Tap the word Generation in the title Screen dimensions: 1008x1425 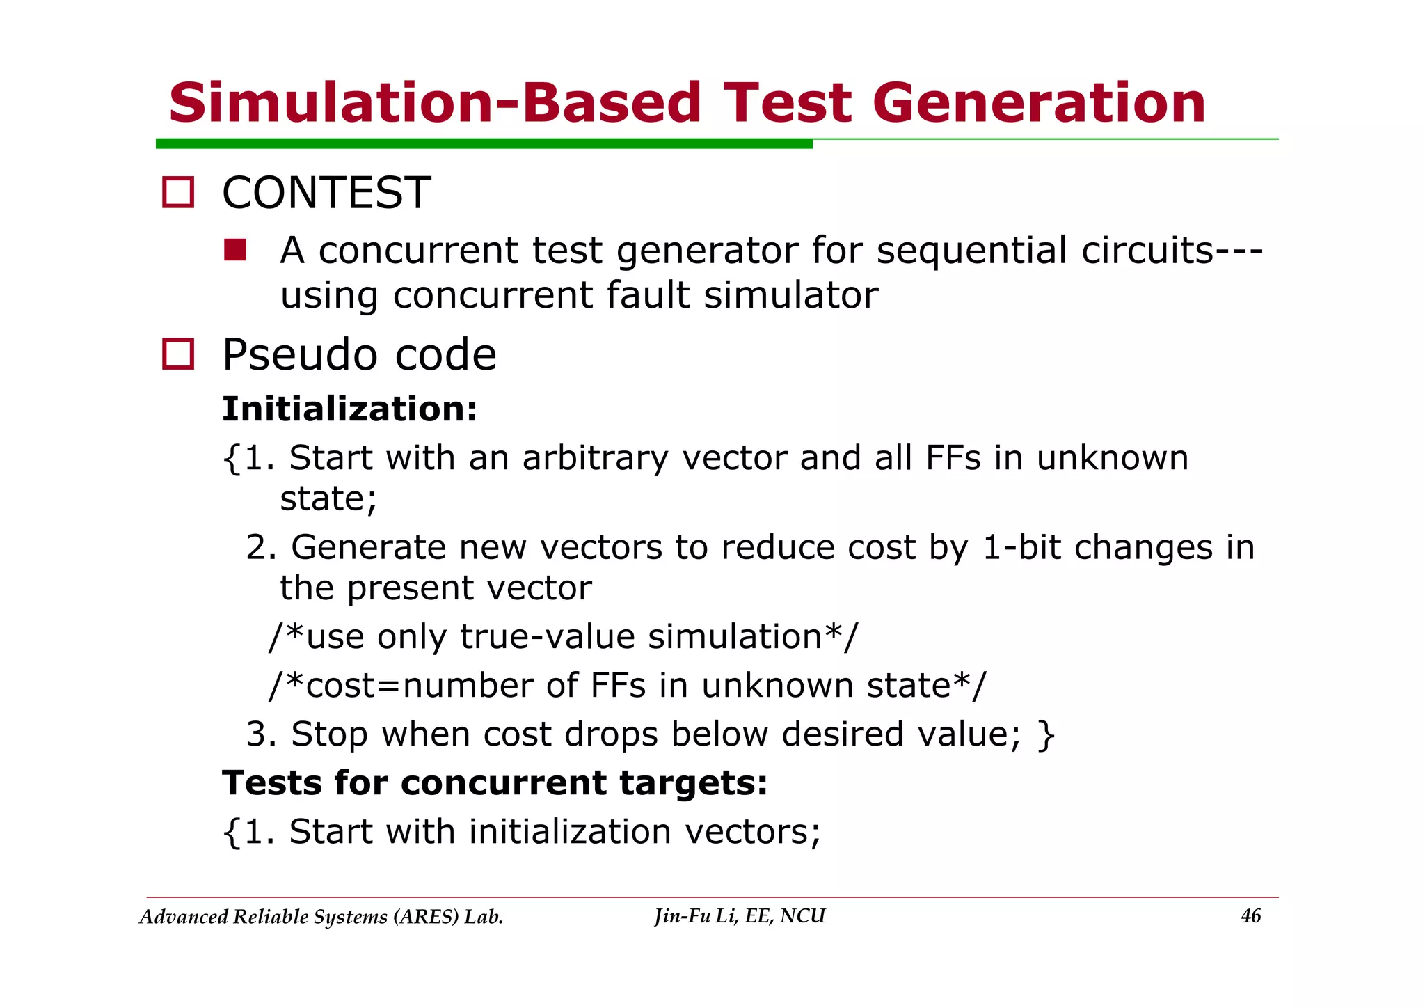[1038, 103]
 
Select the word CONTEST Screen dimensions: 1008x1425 [326, 193]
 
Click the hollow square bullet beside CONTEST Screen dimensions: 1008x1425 [178, 192]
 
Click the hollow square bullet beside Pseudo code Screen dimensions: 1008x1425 [178, 354]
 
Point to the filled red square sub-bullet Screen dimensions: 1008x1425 [235, 250]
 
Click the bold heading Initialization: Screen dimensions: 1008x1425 [350, 409]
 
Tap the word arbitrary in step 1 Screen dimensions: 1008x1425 [595, 459]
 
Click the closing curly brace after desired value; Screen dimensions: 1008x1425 [1046, 735]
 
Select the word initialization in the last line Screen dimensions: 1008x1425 [570, 832]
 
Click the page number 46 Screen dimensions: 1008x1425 [1250, 917]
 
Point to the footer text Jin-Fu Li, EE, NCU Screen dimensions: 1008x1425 [740, 916]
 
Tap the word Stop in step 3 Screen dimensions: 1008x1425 [329, 735]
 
